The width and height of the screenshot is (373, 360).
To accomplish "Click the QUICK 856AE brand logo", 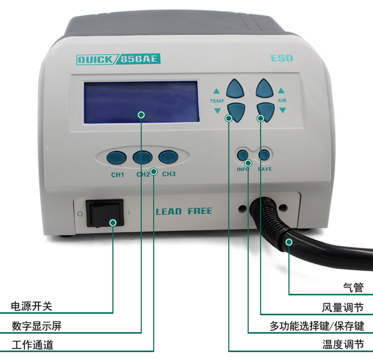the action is click(x=119, y=59).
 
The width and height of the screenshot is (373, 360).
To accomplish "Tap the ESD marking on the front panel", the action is click(x=282, y=58).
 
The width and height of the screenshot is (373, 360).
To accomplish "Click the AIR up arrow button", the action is click(x=264, y=88).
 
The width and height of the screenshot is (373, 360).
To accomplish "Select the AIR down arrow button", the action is click(x=266, y=112).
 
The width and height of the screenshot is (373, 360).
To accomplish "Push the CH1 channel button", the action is click(x=116, y=158).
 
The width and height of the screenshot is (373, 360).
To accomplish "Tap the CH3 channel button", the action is click(x=168, y=157).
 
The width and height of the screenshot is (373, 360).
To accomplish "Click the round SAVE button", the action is click(x=264, y=155).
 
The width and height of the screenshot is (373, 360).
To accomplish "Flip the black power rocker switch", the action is click(x=105, y=213).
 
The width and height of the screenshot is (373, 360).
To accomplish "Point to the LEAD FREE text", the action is click(x=184, y=211).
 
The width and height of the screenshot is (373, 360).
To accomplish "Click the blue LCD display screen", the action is click(x=142, y=102).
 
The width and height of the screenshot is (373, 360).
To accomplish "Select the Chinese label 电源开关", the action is click(x=32, y=306).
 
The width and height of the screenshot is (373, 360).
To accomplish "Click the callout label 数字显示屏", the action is click(x=37, y=326).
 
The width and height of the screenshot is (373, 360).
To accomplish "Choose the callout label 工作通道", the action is click(x=33, y=345).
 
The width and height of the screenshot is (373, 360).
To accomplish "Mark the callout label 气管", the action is click(x=353, y=287).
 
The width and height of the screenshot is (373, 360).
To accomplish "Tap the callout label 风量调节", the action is click(x=343, y=308).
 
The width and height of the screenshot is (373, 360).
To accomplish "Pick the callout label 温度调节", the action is click(x=343, y=344).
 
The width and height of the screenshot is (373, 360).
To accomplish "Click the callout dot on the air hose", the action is click(x=289, y=242).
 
